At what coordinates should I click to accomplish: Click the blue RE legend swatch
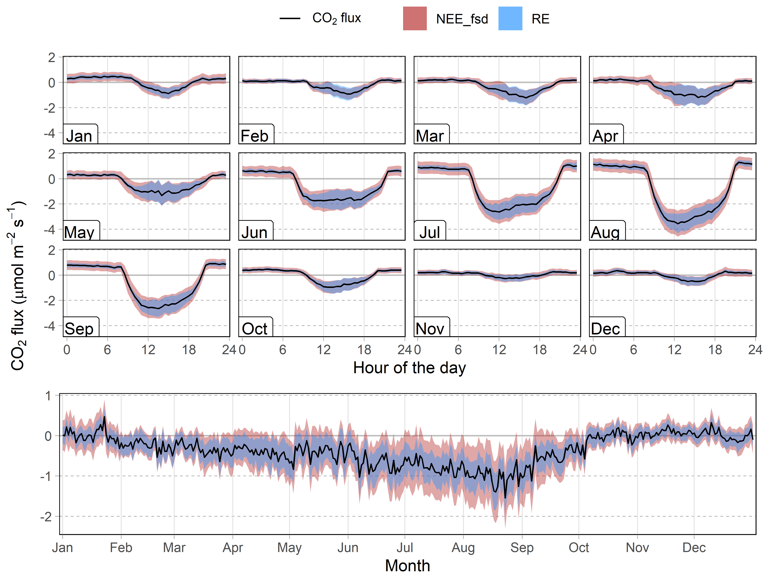pyautogui.click(x=510, y=18)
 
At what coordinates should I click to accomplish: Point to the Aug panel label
pyautogui.click(x=605, y=232)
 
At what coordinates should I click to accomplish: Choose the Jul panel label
pyautogui.click(x=430, y=232)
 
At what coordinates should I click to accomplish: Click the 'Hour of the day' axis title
pyautogui.click(x=409, y=367)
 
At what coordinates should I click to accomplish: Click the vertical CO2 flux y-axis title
pyautogui.click(x=17, y=285)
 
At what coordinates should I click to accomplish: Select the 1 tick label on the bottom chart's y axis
pyautogui.click(x=48, y=396)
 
